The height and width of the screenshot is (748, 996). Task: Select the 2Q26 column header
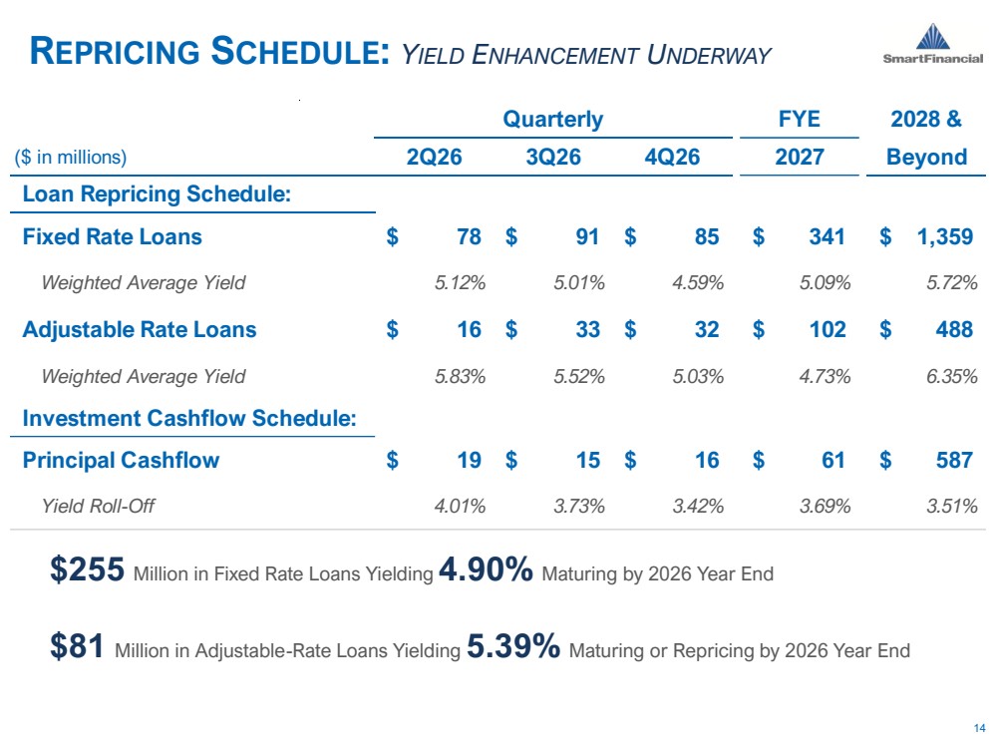pos(435,157)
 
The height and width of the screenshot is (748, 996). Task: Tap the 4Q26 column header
pos(672,157)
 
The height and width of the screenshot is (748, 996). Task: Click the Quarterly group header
pos(552,120)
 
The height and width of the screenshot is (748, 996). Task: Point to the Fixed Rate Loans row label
pos(113,236)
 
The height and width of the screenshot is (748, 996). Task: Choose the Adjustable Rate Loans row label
pos(140,329)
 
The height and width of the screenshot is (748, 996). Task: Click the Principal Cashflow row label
pos(122,460)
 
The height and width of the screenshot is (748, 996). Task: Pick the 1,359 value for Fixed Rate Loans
pos(944,237)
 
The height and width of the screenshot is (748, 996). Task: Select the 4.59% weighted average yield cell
pos(698,283)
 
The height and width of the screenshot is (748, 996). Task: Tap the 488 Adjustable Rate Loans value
pos(954,329)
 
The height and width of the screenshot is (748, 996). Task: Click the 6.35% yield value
pos(951,376)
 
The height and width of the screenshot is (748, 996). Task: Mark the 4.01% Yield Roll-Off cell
pos(460,506)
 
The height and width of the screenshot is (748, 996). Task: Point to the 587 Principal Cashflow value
pos(954,460)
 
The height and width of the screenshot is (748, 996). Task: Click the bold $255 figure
pos(88,568)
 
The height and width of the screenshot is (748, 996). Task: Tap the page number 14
pos(979,728)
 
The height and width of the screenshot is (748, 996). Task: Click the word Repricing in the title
pos(115,52)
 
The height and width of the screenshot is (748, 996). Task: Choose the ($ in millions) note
pos(71,157)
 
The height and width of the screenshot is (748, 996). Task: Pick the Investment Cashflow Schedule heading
pos(189,418)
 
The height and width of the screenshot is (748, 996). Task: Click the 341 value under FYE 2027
pos(827,237)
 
